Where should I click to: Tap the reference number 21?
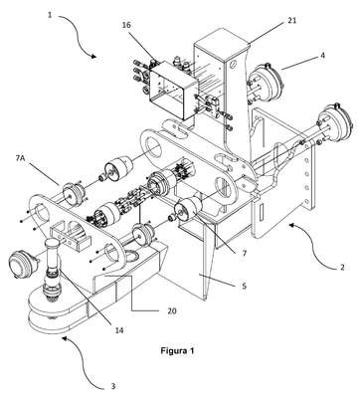[x=291, y=21]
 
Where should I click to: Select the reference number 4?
[x=322, y=55]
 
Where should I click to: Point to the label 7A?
[x=20, y=157]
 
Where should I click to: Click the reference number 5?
[x=244, y=286]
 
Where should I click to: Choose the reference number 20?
[x=172, y=311]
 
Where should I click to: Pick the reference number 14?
[x=119, y=330]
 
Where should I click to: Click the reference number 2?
[x=342, y=267]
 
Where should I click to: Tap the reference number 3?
[x=113, y=386]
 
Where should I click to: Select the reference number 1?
[x=50, y=15]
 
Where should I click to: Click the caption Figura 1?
[x=177, y=350]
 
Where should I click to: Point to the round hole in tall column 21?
[x=232, y=63]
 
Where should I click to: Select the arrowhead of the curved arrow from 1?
[x=94, y=57]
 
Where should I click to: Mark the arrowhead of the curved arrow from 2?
[x=291, y=225]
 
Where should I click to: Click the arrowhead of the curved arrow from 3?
[x=65, y=338]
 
